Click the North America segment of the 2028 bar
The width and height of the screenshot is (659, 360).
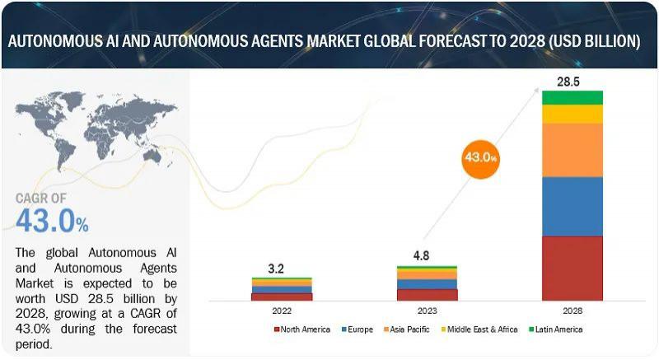pyautogui.click(x=572, y=268)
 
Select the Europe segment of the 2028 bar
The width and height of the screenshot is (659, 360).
pyautogui.click(x=572, y=206)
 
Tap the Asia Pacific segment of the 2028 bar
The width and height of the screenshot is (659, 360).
pyautogui.click(x=572, y=150)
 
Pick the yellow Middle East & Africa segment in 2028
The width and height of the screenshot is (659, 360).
pyautogui.click(x=572, y=114)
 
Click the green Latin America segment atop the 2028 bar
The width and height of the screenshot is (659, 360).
pyautogui.click(x=572, y=97)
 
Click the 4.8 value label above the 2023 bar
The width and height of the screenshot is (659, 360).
pyautogui.click(x=427, y=255)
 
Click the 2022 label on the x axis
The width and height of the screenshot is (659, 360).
pyautogui.click(x=282, y=312)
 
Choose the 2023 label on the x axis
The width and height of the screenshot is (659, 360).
pyautogui.click(x=427, y=312)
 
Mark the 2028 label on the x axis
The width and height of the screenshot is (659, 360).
pyautogui.click(x=572, y=312)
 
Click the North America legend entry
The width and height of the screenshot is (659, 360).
pyautogui.click(x=303, y=330)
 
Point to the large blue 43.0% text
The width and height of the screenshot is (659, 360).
pyautogui.click(x=52, y=221)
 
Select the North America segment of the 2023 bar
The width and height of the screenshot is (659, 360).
pyautogui.click(x=427, y=294)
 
